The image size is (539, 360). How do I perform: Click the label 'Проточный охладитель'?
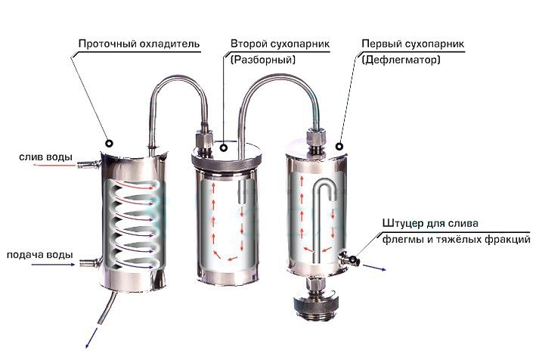pos(139,44)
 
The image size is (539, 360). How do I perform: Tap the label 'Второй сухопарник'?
pos(280,44)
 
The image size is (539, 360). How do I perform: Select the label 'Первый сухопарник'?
pos(413,44)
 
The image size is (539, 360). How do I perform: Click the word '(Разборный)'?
pos(263,60)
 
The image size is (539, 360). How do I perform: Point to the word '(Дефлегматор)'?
pos(401,60)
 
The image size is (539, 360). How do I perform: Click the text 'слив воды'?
pos(45,157)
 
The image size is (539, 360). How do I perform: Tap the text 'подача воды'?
pos(40,255)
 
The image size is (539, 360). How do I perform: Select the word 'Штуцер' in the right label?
pos(402,224)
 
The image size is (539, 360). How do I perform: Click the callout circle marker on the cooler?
pos(110,143)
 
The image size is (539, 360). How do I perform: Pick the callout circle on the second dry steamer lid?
pos(224,147)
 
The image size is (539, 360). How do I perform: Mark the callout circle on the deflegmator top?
pos(339,147)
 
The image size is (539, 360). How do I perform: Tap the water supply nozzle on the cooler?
pos(90,263)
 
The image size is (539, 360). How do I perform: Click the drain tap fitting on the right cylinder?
pos(349,258)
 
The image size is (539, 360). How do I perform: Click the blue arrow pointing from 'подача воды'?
pos(53,265)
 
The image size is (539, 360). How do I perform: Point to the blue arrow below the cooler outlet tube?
pos(91,338)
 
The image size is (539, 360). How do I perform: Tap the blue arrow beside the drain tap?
pos(374,268)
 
